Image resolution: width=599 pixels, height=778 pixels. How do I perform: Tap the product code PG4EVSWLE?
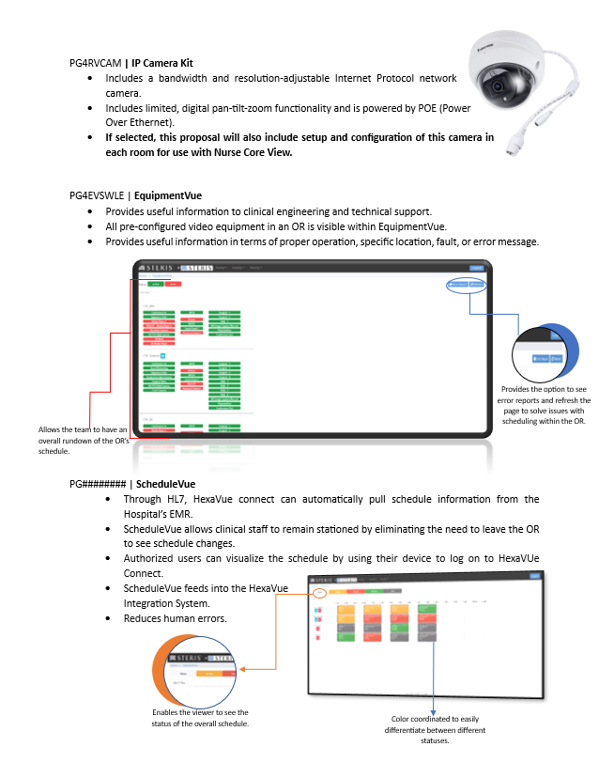97,196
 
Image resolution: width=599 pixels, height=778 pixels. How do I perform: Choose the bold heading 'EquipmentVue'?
167,196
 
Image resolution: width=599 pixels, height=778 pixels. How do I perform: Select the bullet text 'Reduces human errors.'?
161,618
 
